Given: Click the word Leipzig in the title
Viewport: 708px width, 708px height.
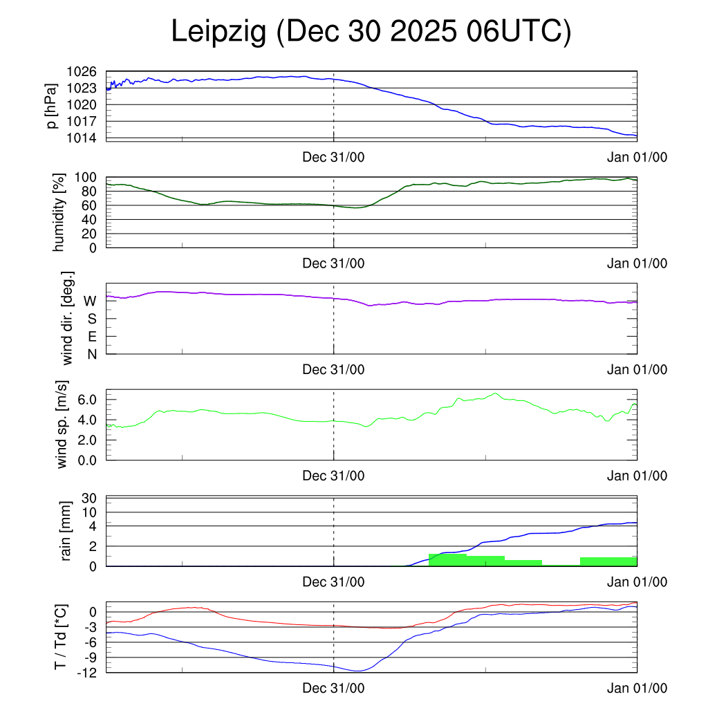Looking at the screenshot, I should tap(218, 32).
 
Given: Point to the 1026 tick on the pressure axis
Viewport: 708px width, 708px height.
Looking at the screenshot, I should tap(82, 72).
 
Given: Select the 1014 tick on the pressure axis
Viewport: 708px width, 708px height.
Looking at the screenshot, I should tap(82, 138).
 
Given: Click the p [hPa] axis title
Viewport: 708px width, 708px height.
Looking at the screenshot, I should tap(51, 106).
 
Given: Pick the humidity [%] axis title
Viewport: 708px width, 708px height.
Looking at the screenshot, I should tap(59, 212).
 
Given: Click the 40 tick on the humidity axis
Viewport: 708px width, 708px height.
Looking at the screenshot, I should tap(89, 219).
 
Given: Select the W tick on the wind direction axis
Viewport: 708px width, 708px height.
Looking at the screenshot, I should tap(91, 301).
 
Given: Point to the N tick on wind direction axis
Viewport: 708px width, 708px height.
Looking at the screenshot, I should tap(91, 354).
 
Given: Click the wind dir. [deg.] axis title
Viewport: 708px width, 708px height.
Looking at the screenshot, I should tap(68, 319).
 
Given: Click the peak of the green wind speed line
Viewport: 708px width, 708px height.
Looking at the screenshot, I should tap(495, 393).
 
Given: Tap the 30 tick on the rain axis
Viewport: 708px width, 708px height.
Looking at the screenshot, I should tap(89, 498).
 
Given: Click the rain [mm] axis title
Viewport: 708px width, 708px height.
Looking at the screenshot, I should tap(66, 531).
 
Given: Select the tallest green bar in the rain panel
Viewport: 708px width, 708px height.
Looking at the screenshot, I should tap(447, 560).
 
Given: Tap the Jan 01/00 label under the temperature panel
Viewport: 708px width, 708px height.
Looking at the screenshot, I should tap(637, 689).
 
